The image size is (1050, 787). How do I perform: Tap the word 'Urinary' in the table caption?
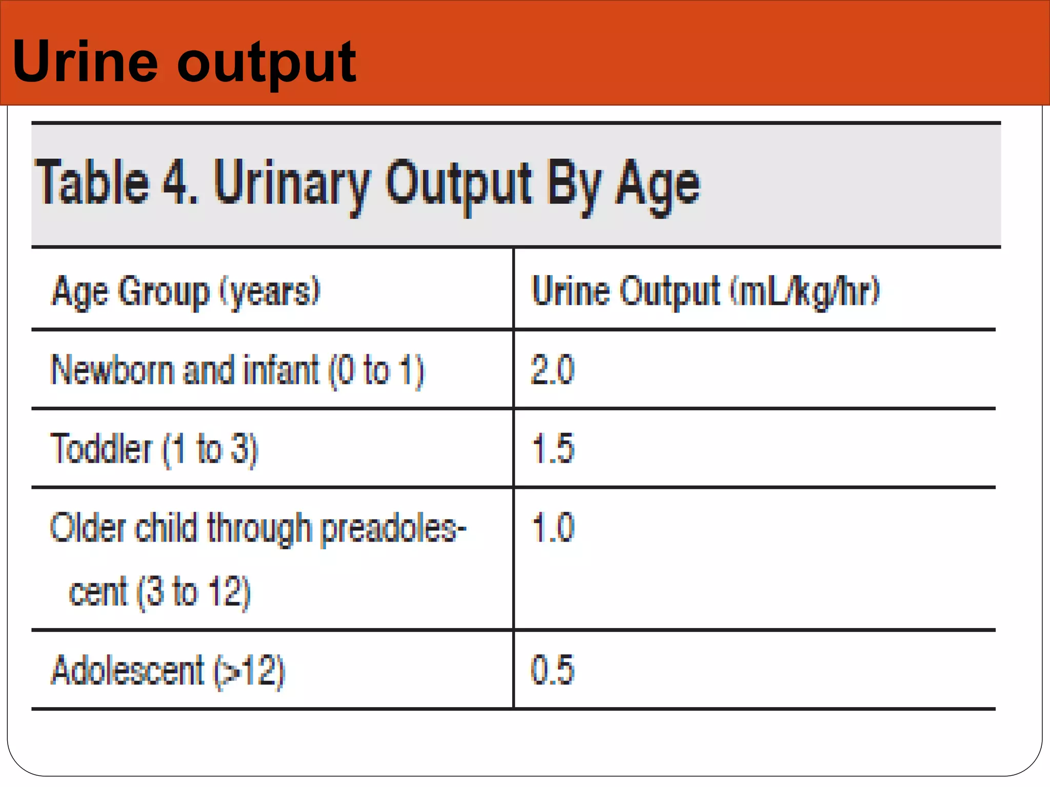click(x=292, y=184)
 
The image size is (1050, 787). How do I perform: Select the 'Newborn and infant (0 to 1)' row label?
click(x=237, y=370)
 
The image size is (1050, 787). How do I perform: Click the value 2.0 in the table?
click(x=553, y=369)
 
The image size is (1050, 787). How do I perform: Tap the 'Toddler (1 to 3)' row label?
click(x=154, y=449)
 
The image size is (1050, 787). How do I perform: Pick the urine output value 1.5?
click(x=553, y=448)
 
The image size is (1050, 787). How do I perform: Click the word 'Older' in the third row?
click(x=88, y=528)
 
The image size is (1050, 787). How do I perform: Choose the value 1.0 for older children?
click(x=553, y=527)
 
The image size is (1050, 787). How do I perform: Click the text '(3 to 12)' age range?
click(x=193, y=592)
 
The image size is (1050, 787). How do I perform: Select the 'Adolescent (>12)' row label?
click(x=168, y=670)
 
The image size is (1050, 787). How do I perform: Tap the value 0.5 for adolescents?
click(x=553, y=670)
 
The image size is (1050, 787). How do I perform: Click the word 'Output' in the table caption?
click(x=459, y=184)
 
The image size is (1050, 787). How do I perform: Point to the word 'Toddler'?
click(x=102, y=449)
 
